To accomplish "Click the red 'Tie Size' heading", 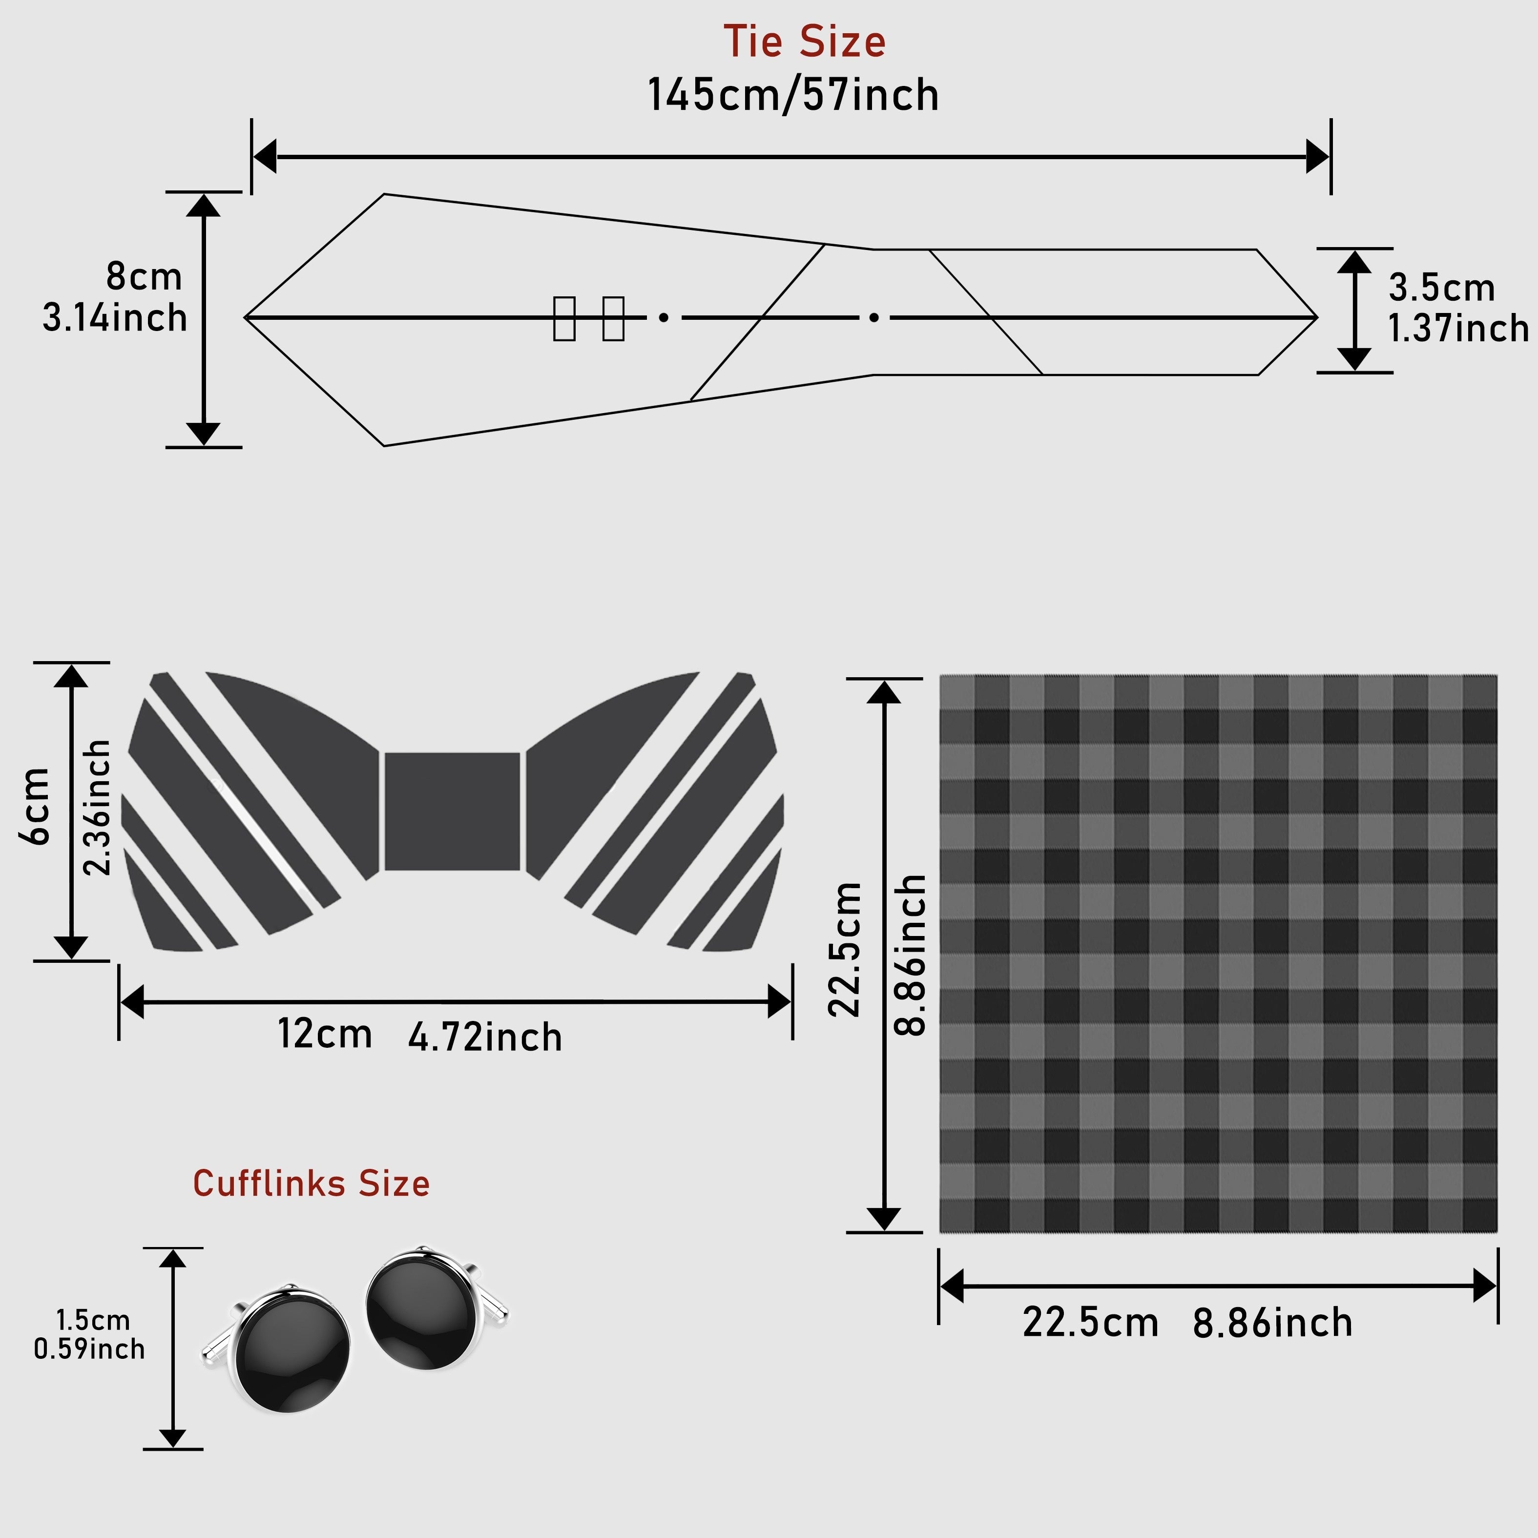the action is point(804,42).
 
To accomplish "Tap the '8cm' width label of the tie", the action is point(144,277).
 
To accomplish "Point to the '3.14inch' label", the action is point(115,318).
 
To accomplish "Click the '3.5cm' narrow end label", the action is point(1442,288).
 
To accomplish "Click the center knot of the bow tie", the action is point(452,811).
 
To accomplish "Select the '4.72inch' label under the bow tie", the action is point(485,1037).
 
